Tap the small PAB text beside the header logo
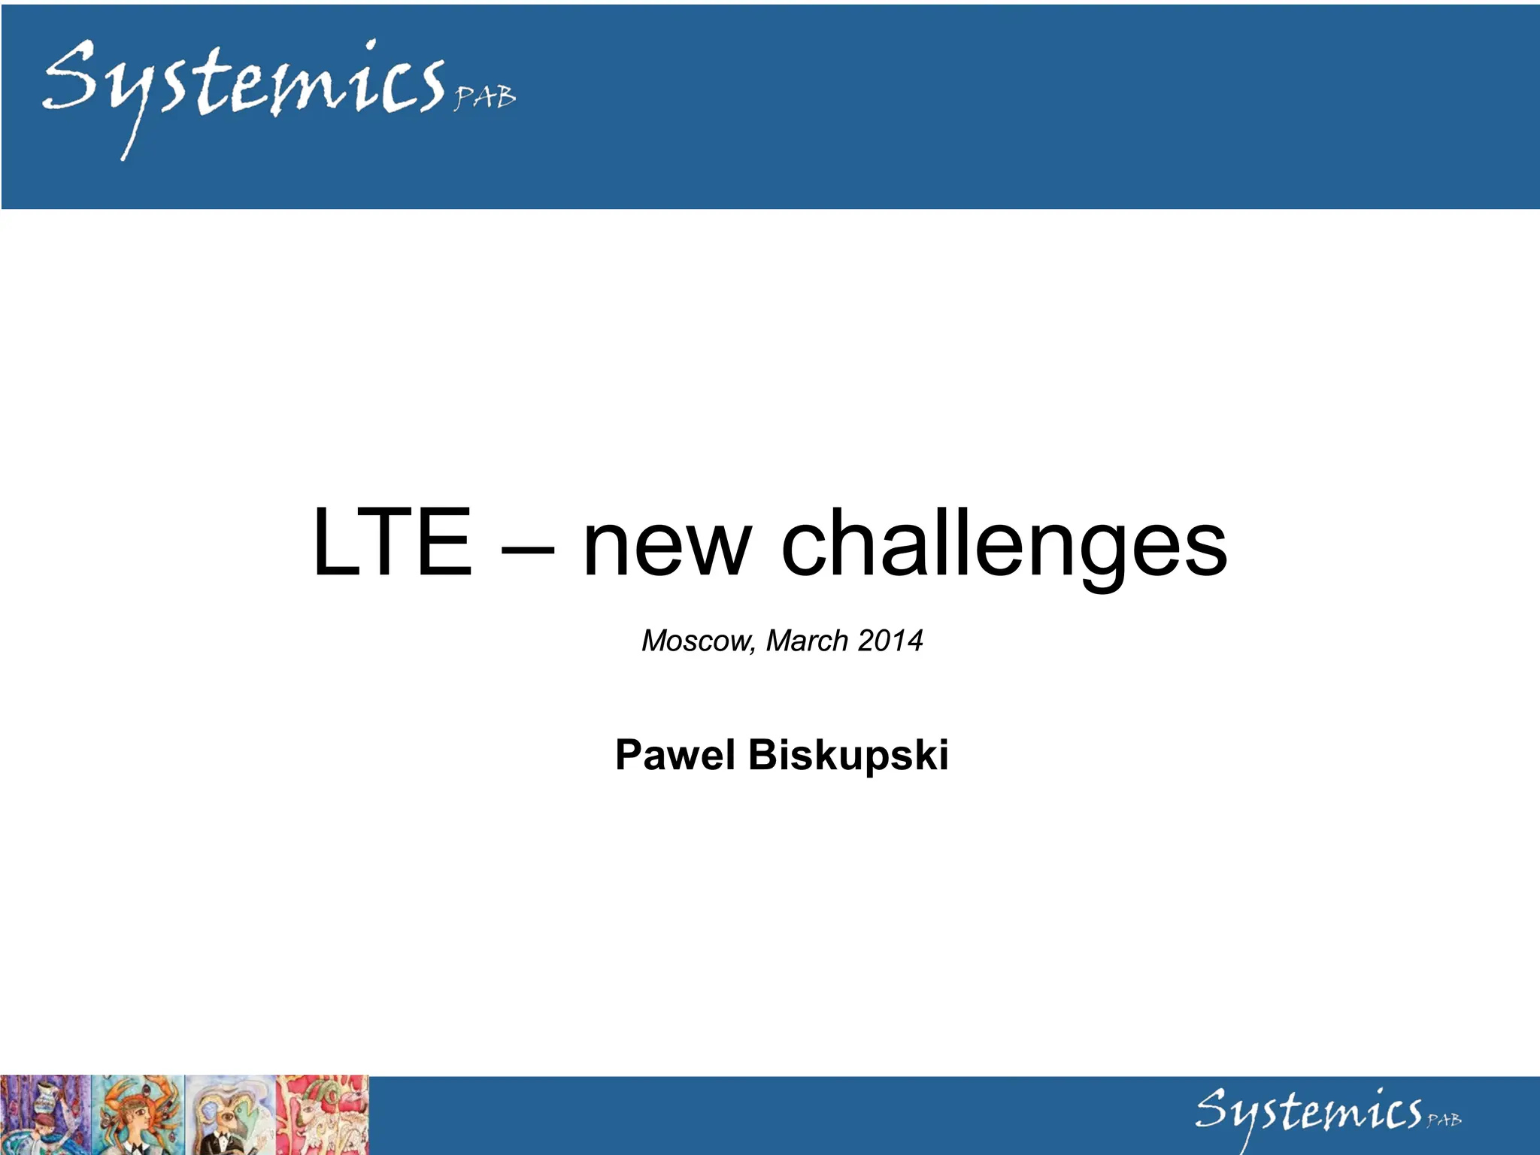(485, 98)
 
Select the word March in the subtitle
(807, 641)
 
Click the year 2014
(890, 641)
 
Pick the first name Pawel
(675, 755)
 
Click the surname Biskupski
(848, 755)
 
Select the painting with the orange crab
(138, 1115)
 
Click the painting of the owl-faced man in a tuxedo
(230, 1115)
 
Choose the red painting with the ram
(323, 1115)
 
